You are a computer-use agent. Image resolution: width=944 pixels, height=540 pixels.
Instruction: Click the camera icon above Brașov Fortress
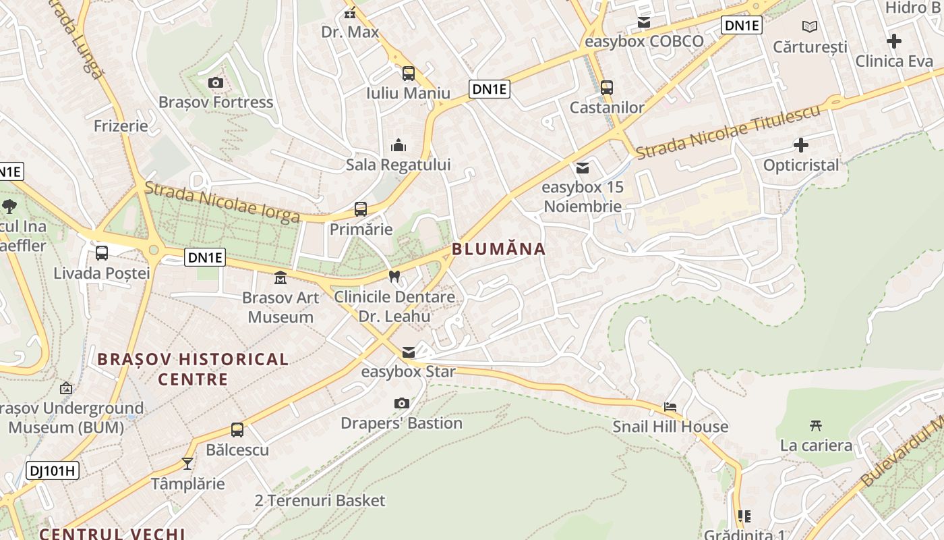pos(216,83)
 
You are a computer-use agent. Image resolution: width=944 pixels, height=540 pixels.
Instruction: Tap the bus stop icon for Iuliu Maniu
pos(409,74)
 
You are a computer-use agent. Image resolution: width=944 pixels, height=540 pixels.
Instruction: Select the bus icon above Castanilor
pos(607,87)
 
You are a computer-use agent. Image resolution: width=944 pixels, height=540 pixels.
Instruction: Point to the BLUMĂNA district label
pos(498,249)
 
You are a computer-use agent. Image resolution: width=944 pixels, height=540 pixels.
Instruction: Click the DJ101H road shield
pos(53,470)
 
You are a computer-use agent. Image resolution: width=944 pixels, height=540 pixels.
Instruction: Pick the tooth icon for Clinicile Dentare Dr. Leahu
pos(394,276)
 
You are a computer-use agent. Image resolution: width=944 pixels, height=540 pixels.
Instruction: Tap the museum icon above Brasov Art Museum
pos(280,277)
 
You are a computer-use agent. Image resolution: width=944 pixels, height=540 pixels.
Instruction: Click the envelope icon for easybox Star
pos(409,352)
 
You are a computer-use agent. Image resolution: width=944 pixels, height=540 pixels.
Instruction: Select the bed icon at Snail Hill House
pos(670,407)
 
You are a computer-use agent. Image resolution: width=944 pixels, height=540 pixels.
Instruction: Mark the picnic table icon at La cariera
pos(816,425)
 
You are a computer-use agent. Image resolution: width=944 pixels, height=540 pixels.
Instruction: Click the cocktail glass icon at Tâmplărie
pos(187,464)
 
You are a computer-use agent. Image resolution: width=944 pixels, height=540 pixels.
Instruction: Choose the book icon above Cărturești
pos(810,27)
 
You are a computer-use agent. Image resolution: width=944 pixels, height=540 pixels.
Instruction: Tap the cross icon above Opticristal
pos(801,145)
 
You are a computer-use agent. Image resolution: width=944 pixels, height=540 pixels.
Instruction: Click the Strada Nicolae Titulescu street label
pos(728,132)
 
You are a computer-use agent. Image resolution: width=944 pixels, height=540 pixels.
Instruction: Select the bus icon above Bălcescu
pos(237,430)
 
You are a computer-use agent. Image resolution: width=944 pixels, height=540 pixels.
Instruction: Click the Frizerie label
pos(121,126)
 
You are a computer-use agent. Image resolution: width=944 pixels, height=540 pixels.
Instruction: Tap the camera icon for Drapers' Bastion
pos(402,404)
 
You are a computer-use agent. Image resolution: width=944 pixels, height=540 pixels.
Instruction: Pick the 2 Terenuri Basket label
pos(320,501)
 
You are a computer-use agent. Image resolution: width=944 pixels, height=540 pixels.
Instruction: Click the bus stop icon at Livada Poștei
pos(102,253)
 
